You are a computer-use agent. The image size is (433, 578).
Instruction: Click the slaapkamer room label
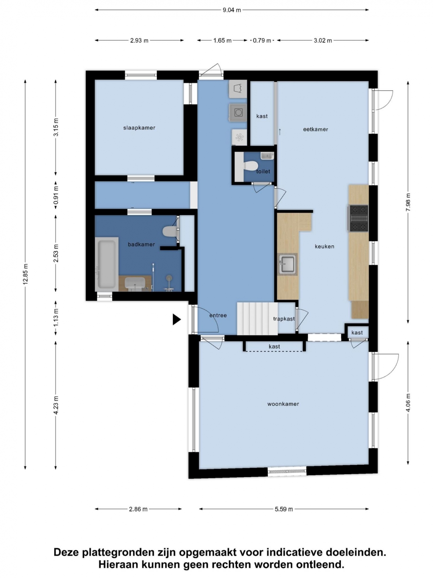(139, 128)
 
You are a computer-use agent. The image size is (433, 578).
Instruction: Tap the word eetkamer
(316, 129)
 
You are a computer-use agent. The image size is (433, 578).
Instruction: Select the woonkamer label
(283, 404)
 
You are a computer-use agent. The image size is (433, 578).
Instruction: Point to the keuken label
(324, 246)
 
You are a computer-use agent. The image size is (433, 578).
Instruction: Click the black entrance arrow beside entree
(176, 320)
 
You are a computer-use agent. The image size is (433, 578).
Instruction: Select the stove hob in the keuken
(359, 219)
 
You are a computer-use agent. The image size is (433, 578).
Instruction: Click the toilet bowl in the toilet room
(250, 166)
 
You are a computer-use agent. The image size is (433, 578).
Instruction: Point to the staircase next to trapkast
(257, 319)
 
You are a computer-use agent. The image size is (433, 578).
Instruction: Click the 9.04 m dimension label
(232, 10)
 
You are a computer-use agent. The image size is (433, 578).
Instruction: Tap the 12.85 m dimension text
(25, 274)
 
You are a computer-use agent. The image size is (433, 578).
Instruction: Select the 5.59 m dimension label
(284, 509)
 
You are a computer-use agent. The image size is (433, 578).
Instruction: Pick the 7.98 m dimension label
(408, 202)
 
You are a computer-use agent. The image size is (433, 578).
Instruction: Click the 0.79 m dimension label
(262, 41)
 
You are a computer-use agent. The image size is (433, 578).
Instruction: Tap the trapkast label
(284, 319)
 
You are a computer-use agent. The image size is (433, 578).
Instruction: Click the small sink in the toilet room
(267, 156)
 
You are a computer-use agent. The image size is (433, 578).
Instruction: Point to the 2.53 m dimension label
(56, 253)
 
